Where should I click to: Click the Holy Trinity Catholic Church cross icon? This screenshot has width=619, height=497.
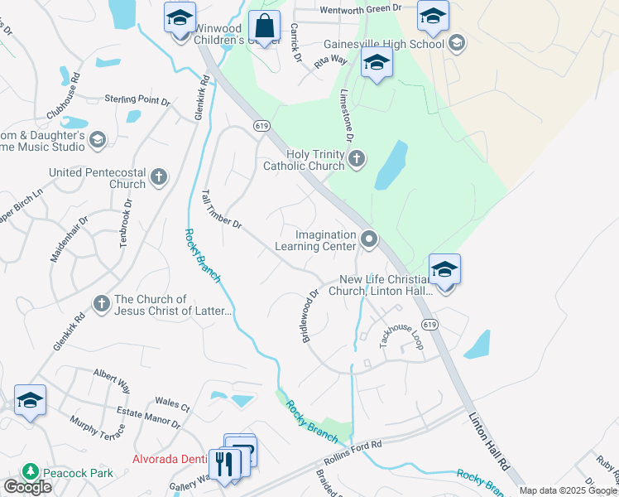[357, 159]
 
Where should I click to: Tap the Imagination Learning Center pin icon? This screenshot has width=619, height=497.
[369, 240]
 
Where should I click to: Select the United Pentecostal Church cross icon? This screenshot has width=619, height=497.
[159, 176]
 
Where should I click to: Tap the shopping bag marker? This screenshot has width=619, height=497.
[265, 27]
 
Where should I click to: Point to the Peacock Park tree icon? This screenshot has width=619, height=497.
[31, 471]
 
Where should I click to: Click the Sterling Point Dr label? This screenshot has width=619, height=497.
[137, 100]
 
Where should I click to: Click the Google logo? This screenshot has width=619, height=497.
[27, 487]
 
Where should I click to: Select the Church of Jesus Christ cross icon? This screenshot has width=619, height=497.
[102, 305]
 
